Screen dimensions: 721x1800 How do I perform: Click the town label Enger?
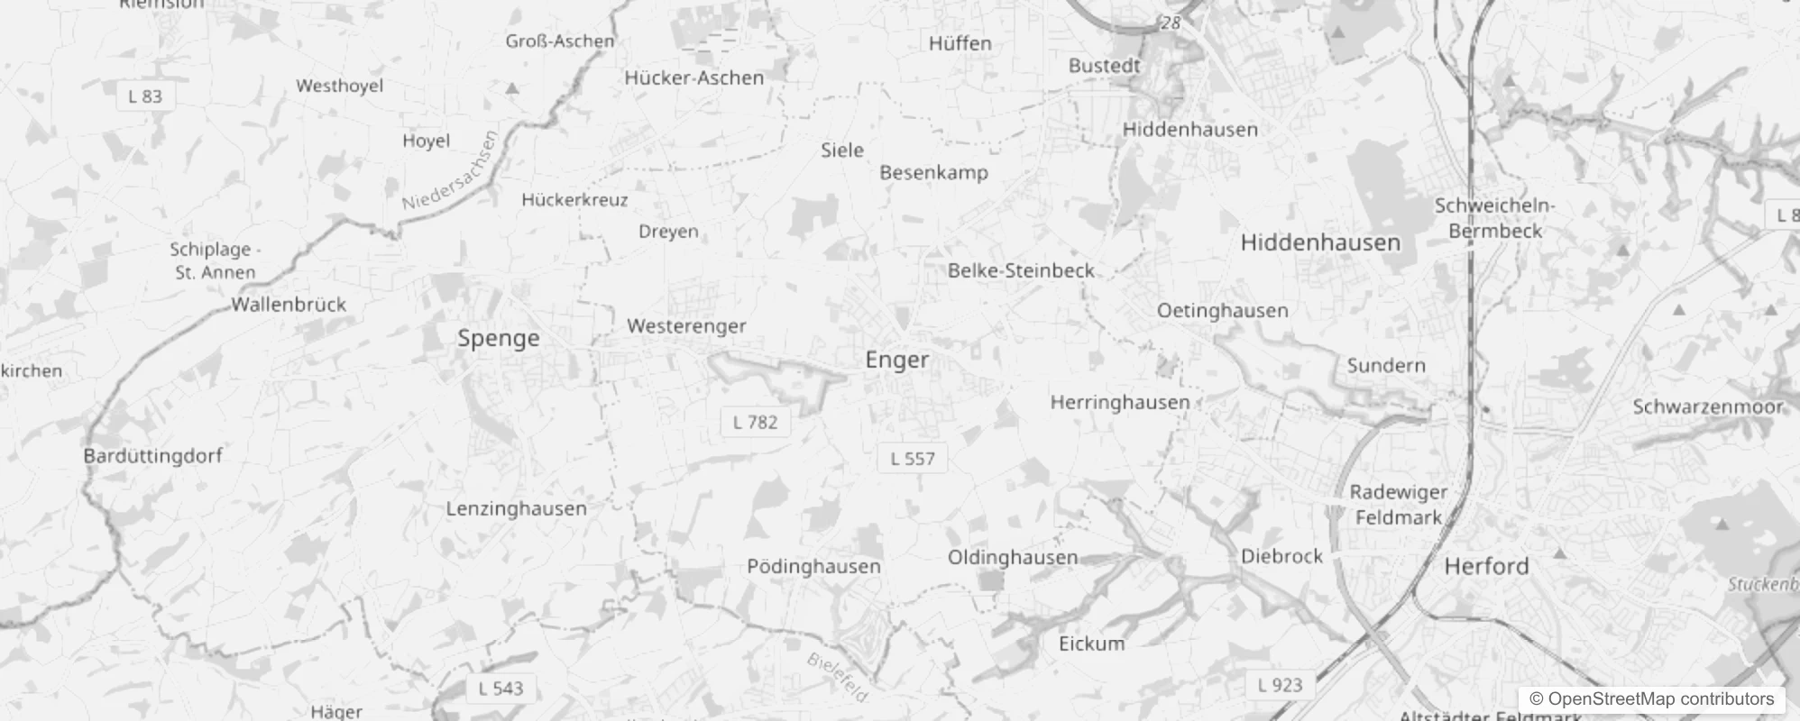point(896,360)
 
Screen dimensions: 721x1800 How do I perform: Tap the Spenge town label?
point(498,339)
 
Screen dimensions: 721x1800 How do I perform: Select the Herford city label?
point(1486,567)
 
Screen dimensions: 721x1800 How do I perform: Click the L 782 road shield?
point(755,422)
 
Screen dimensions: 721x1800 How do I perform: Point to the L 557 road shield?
point(913,459)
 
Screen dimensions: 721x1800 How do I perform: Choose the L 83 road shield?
point(145,96)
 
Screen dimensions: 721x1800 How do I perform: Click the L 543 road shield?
point(501,689)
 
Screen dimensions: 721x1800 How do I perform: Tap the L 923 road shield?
point(1280,685)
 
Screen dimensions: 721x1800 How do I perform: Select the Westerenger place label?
point(686,326)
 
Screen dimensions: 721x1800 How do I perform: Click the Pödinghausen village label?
point(813,567)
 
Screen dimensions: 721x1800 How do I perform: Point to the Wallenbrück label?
point(289,305)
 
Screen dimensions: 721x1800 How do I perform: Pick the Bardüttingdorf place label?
point(152,456)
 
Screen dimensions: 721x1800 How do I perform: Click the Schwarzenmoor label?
point(1708,407)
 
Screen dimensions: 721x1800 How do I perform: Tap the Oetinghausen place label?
point(1222,311)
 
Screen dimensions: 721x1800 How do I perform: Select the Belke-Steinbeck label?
point(1021,270)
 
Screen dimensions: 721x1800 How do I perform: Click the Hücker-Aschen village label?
point(693,78)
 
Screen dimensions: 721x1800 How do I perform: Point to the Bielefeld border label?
point(838,677)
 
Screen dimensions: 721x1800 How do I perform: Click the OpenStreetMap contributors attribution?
point(1651,699)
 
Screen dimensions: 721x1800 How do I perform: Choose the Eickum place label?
point(1091,643)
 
